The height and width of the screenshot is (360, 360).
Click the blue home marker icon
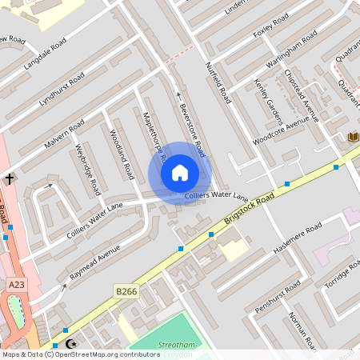point(180,173)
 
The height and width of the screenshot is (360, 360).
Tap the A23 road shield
point(16,284)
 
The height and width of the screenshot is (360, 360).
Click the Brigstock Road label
point(250,206)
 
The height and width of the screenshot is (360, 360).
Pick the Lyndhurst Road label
point(62,90)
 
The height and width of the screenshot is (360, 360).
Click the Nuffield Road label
point(218,83)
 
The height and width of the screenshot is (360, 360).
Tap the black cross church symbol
point(10,179)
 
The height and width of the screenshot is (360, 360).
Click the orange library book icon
point(353,138)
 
